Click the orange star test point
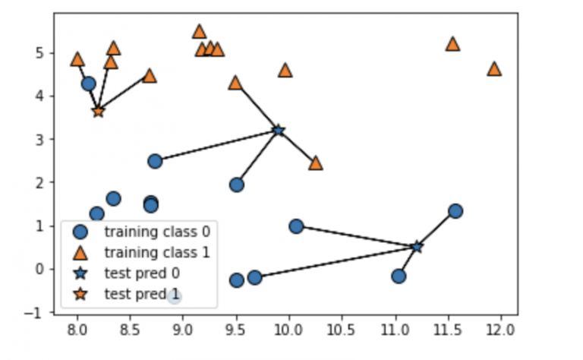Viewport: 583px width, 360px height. point(98,111)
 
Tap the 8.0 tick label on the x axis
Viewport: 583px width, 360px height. point(77,330)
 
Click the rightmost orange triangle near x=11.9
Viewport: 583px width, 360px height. point(494,68)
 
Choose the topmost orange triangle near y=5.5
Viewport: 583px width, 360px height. point(200,31)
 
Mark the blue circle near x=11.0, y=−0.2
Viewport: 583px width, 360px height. point(399,276)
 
